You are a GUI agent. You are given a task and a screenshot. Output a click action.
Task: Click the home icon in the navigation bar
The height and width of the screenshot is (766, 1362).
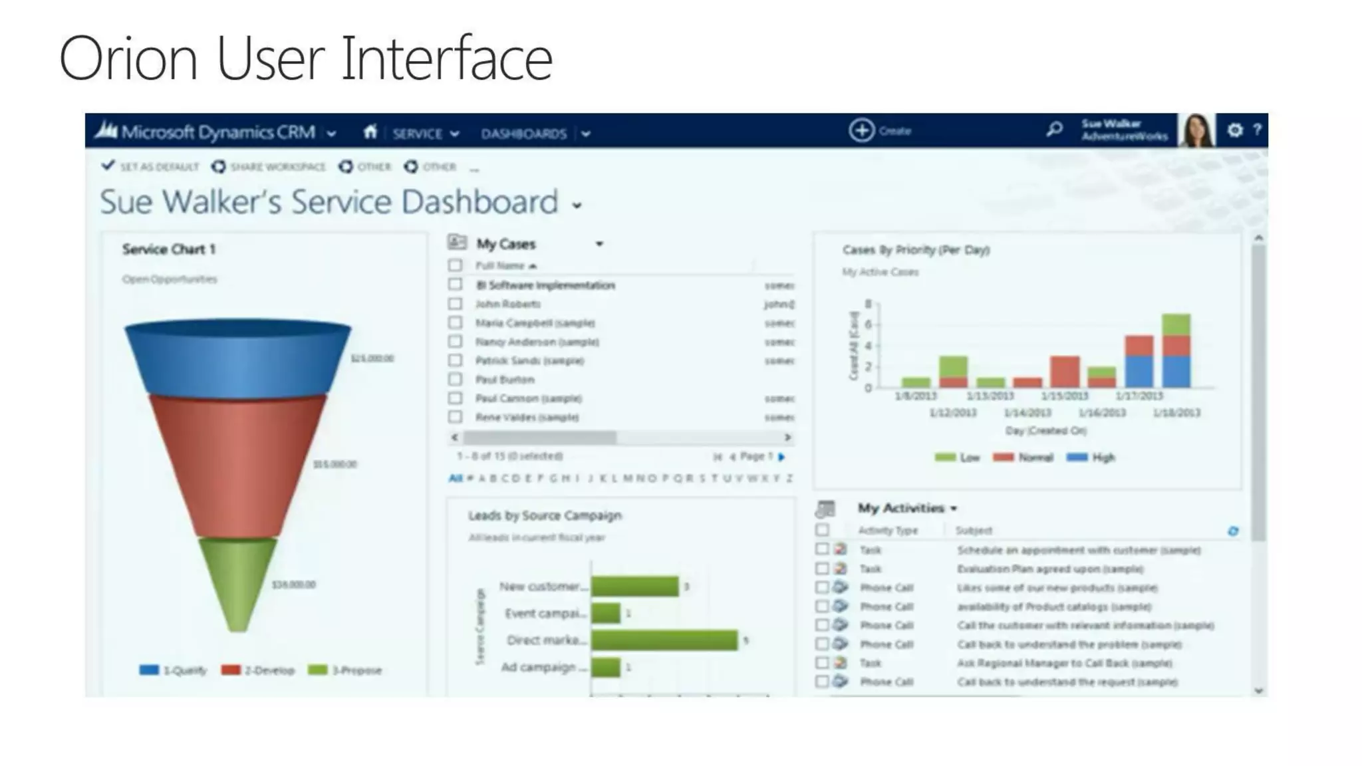point(370,132)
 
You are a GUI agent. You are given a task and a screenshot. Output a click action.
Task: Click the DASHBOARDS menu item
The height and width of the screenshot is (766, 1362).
point(524,134)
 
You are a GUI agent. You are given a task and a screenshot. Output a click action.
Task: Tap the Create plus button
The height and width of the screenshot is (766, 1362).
point(862,130)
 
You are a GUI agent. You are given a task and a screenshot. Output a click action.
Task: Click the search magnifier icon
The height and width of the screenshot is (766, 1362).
point(1054,129)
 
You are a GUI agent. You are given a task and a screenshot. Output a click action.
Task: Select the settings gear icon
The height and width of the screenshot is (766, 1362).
point(1234,130)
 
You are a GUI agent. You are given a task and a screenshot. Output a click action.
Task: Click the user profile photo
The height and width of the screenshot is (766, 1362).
point(1196,130)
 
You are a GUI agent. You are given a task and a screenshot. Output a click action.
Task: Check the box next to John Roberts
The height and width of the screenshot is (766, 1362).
point(456,304)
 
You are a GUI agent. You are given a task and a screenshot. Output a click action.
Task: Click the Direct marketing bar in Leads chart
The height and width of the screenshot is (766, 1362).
point(664,640)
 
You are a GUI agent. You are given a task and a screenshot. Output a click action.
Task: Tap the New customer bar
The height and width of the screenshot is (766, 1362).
point(634,586)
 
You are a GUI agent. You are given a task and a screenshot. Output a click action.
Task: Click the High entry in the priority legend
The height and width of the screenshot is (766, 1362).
point(1091,457)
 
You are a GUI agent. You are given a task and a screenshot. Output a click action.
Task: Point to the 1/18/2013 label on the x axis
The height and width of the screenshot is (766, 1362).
point(1176,413)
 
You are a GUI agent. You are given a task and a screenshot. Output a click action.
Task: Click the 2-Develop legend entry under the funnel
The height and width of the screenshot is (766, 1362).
point(259,670)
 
